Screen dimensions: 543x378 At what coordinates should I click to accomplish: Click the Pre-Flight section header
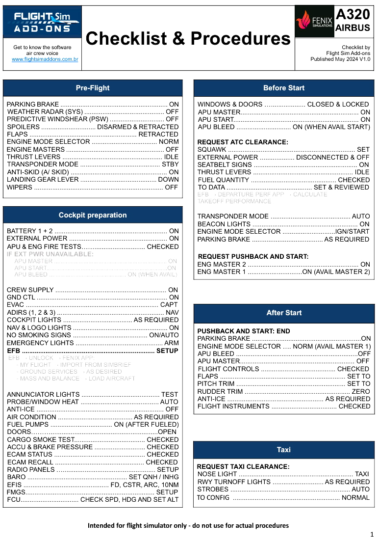(93, 88)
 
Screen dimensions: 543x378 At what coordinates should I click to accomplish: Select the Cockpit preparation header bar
(93, 215)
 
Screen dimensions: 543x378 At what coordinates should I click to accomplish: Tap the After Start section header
(284, 313)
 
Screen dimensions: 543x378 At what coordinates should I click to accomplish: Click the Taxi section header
(284, 450)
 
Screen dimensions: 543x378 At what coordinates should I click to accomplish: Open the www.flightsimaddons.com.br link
(42, 59)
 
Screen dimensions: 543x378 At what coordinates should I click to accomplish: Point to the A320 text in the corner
(353, 14)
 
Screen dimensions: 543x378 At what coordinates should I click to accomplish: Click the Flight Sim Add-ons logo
(42, 22)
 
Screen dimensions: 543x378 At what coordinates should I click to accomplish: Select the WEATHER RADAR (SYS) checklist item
(45, 112)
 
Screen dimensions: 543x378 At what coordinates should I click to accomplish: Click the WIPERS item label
(20, 187)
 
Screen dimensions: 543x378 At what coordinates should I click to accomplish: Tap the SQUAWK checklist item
(212, 149)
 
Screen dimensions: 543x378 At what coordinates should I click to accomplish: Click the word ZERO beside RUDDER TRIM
(361, 391)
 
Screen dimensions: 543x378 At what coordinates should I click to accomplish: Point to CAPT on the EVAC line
(169, 305)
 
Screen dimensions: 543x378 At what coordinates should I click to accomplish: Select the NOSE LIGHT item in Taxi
(217, 474)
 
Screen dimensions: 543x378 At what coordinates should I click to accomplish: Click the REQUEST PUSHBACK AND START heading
(253, 256)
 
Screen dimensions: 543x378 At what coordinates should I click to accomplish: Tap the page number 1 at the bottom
(372, 534)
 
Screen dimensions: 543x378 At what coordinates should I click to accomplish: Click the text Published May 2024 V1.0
(340, 59)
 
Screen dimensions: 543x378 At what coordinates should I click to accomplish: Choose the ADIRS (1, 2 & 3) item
(31, 312)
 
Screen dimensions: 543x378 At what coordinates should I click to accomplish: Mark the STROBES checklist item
(213, 489)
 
